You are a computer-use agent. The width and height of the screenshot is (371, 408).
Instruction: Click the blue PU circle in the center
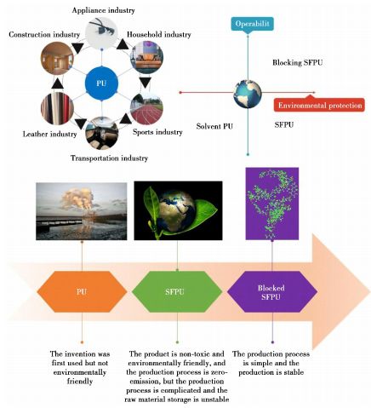[101, 83]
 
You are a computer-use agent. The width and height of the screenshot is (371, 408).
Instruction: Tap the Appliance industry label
[103, 10]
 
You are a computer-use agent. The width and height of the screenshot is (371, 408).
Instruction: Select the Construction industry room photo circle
[57, 58]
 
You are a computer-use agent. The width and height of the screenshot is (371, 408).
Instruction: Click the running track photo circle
[146, 107]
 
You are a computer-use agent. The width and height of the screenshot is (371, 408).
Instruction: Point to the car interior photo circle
[102, 134]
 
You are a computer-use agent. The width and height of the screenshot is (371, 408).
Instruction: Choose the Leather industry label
[49, 134]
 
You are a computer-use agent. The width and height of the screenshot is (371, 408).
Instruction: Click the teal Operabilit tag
[252, 24]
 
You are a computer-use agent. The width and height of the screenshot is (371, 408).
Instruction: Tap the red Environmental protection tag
[319, 106]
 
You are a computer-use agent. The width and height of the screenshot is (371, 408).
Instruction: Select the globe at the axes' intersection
[248, 94]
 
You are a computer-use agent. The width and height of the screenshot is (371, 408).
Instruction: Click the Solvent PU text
[214, 126]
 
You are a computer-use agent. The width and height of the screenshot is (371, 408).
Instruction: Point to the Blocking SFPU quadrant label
[298, 62]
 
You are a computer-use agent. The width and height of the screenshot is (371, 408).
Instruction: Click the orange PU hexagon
[82, 291]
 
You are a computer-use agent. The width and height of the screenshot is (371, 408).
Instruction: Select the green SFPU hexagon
[177, 291]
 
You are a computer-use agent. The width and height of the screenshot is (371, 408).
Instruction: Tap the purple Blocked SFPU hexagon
[272, 291]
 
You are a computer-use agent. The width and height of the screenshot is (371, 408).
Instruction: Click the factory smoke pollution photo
[82, 211]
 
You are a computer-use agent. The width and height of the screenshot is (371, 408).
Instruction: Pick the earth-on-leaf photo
[178, 210]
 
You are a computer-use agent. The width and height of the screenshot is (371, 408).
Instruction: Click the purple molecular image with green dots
[272, 204]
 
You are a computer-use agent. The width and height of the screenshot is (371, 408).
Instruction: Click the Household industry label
[159, 35]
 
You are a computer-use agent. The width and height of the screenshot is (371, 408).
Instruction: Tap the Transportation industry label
[109, 158]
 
